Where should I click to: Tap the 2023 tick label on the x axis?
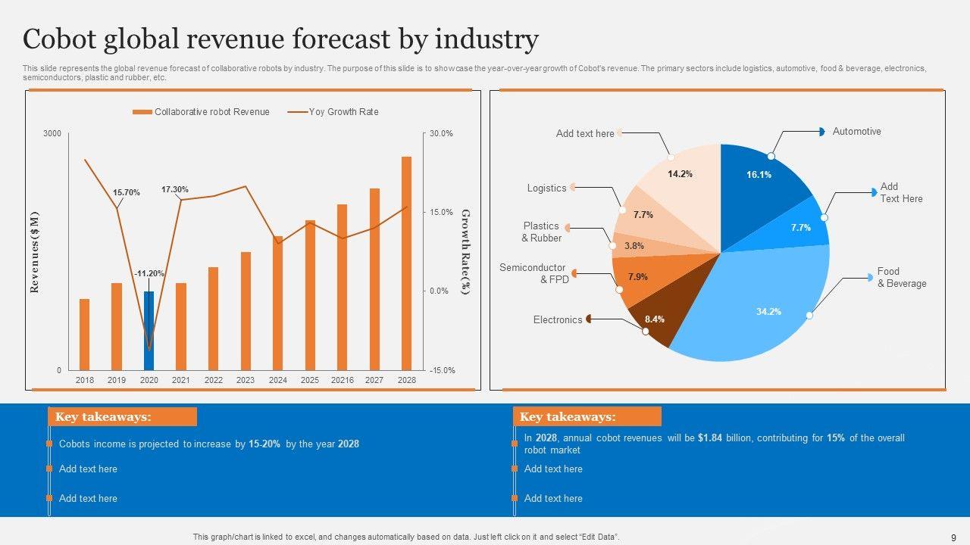[x=246, y=380]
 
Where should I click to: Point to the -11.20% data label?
[x=149, y=273]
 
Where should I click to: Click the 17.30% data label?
[x=175, y=189]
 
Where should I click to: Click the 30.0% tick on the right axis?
[x=441, y=134]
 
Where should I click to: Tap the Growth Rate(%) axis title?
[x=465, y=252]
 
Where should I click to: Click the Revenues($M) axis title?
[x=34, y=252]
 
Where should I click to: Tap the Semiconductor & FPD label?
[x=532, y=273]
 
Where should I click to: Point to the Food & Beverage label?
[x=901, y=277]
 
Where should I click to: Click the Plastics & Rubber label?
[x=541, y=232]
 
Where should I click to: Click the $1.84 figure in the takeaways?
[x=710, y=438]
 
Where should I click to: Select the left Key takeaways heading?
[x=114, y=417]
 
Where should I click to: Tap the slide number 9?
[x=953, y=537]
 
